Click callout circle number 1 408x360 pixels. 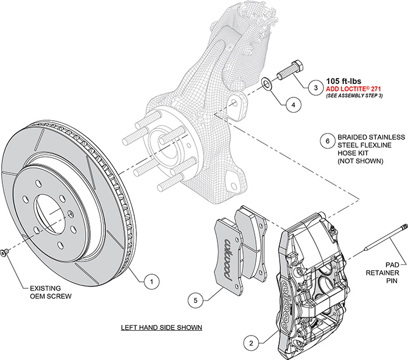tap(151, 281)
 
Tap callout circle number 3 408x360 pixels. tap(315, 88)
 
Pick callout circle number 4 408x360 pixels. tap(293, 105)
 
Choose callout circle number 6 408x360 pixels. tap(328, 141)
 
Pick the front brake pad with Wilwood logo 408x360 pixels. tap(224, 251)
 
